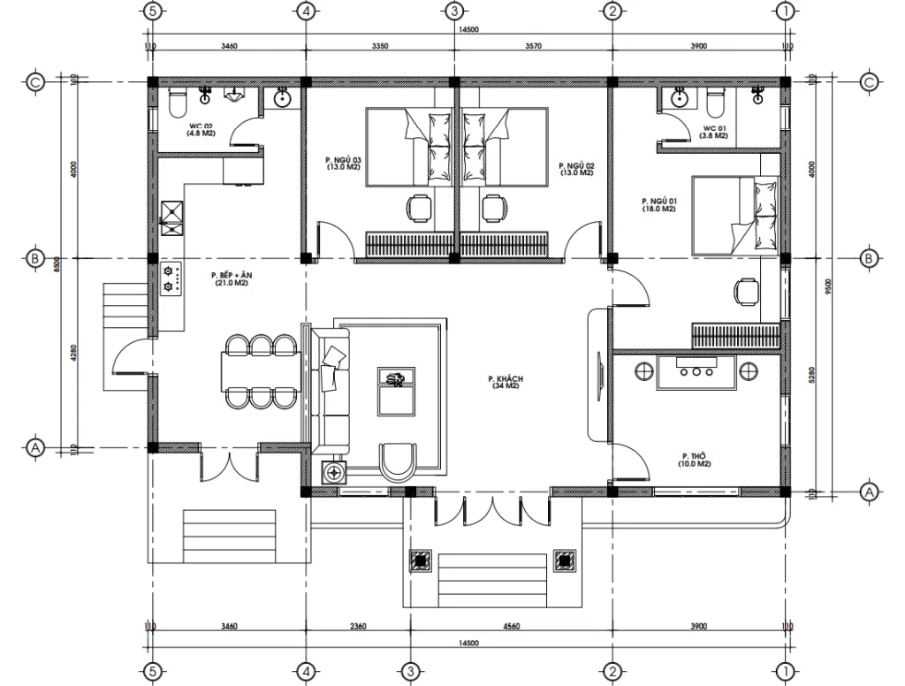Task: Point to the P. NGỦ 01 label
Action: coord(658,205)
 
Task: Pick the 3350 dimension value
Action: coord(381,45)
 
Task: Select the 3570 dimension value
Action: coord(532,45)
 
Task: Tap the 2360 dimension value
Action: coord(357,627)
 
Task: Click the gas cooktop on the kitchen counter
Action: coord(171,280)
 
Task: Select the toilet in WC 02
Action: coord(176,103)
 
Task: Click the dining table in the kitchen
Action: coord(259,370)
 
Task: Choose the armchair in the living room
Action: coord(399,461)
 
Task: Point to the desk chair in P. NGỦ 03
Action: coord(419,209)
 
